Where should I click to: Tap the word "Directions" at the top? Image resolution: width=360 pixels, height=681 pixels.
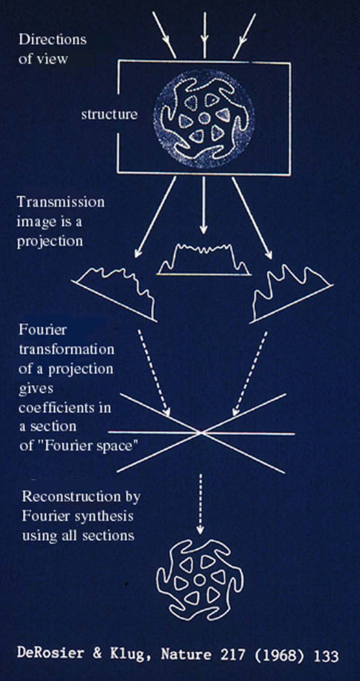pyautogui.click(x=52, y=39)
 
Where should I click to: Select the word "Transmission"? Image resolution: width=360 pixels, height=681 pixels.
pyautogui.click(x=61, y=202)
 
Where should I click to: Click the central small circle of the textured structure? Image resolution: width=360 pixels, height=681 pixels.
pyautogui.click(x=204, y=119)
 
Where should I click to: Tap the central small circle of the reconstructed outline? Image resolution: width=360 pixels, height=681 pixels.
pyautogui.click(x=200, y=579)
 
